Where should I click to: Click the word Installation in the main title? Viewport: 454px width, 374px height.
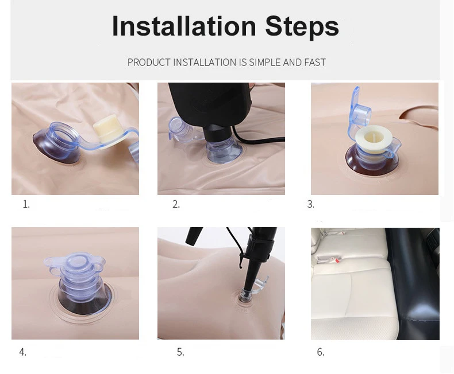[x=184, y=26]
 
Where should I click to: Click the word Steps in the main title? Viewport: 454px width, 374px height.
[x=302, y=28]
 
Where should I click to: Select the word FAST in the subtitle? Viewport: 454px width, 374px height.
[x=315, y=63]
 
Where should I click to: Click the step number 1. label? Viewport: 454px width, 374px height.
[x=26, y=204]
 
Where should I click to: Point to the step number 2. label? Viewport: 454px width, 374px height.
[x=176, y=204]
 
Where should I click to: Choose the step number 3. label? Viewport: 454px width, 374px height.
[x=310, y=204]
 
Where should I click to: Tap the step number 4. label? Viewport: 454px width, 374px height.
[x=22, y=352]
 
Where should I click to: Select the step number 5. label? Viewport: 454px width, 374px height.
[x=180, y=352]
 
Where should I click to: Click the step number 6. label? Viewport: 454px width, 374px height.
[x=321, y=352]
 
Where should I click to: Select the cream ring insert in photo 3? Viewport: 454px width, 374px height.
[x=373, y=141]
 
